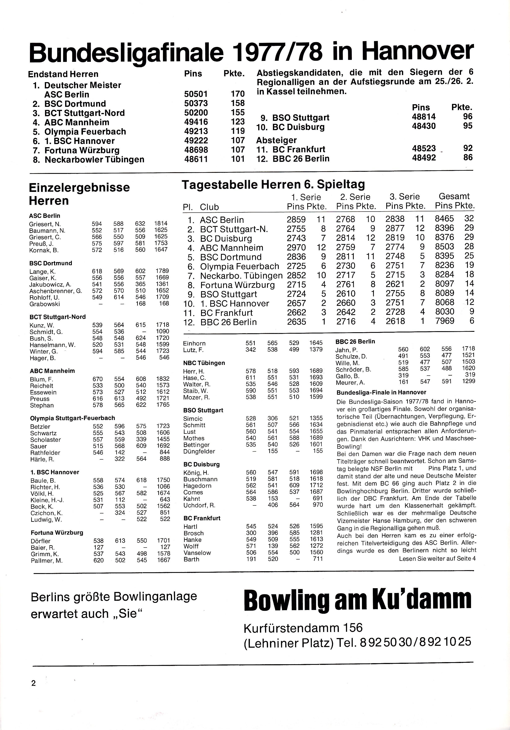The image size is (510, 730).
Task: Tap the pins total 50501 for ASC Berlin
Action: (x=196, y=94)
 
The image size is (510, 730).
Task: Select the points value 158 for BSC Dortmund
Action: (x=238, y=103)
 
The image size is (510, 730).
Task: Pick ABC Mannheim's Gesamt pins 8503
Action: (x=444, y=247)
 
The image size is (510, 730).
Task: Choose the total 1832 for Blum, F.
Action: (x=163, y=379)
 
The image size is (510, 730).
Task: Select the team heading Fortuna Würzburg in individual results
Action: (x=57, y=532)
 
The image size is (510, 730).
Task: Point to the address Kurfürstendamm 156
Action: (x=303, y=628)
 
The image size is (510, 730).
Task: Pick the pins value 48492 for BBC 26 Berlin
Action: (x=424, y=158)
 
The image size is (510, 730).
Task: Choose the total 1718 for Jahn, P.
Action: (x=468, y=349)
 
